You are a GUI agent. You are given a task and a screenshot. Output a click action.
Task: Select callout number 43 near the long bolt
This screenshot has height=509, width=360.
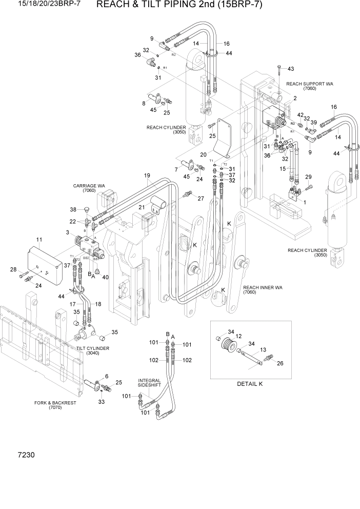point(291,69)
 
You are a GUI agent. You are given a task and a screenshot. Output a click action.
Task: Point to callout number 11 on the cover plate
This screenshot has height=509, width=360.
point(38,240)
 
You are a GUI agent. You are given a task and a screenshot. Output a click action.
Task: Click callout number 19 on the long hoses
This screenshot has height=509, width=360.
point(147,175)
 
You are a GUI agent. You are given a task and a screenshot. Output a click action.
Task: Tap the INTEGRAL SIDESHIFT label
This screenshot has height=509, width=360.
point(150,384)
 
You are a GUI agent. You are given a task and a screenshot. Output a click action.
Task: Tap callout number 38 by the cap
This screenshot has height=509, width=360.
point(73,209)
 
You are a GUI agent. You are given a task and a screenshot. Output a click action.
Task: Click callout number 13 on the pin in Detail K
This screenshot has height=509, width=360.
point(264,350)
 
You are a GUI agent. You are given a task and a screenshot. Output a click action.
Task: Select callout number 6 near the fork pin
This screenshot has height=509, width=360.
point(106,376)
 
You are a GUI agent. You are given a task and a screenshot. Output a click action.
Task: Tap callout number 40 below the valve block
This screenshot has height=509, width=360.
point(106,278)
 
